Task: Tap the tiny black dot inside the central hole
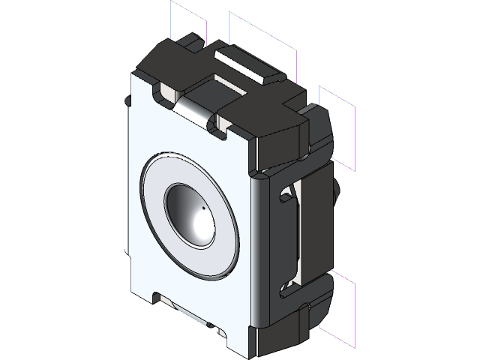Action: tap(202, 208)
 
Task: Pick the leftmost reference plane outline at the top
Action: tap(187, 21)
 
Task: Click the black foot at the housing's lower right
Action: tap(300, 330)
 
